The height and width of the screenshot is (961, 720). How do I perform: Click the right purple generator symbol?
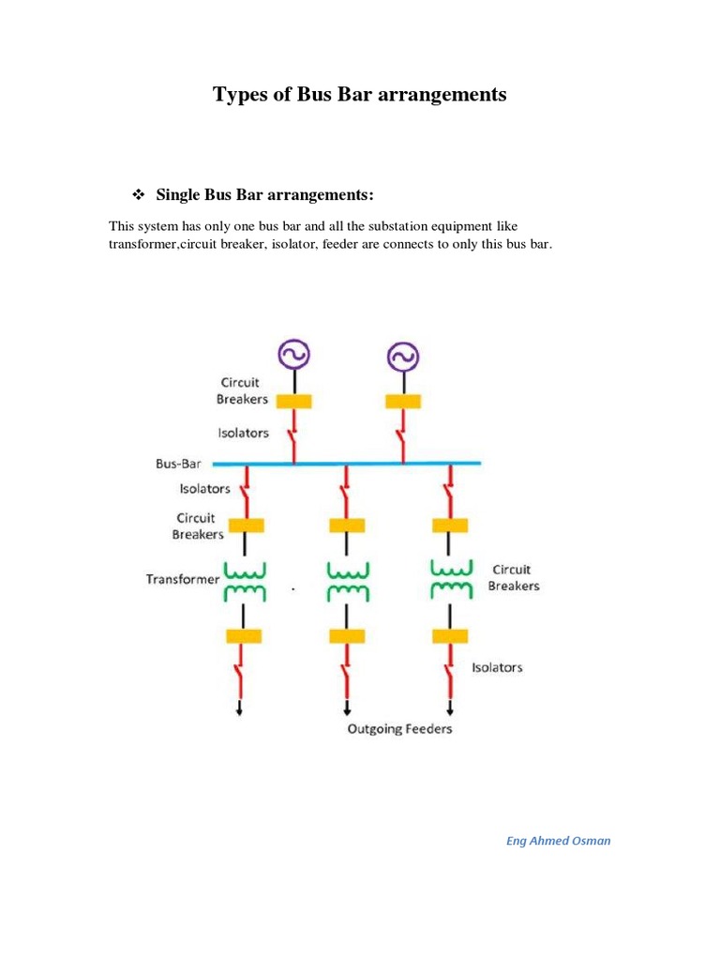(x=403, y=356)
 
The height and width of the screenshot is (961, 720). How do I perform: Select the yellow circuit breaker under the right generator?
(x=403, y=401)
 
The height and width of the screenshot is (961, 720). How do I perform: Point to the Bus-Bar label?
(x=178, y=464)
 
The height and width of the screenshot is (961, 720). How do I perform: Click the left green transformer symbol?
(x=244, y=580)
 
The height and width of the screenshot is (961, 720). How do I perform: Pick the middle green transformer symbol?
(x=348, y=580)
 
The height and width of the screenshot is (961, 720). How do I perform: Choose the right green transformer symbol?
(x=452, y=580)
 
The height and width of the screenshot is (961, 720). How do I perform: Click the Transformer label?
(x=182, y=579)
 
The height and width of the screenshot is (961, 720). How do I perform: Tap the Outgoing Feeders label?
(x=400, y=729)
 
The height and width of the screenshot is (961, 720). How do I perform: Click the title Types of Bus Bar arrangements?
(x=360, y=95)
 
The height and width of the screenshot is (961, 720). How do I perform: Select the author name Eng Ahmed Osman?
(x=558, y=841)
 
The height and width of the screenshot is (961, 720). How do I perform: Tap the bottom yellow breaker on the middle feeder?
(x=348, y=636)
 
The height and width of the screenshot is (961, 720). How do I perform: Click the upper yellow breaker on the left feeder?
(x=244, y=526)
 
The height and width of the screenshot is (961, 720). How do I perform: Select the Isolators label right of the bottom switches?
(x=497, y=667)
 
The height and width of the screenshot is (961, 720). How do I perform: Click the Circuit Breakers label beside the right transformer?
(x=514, y=577)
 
